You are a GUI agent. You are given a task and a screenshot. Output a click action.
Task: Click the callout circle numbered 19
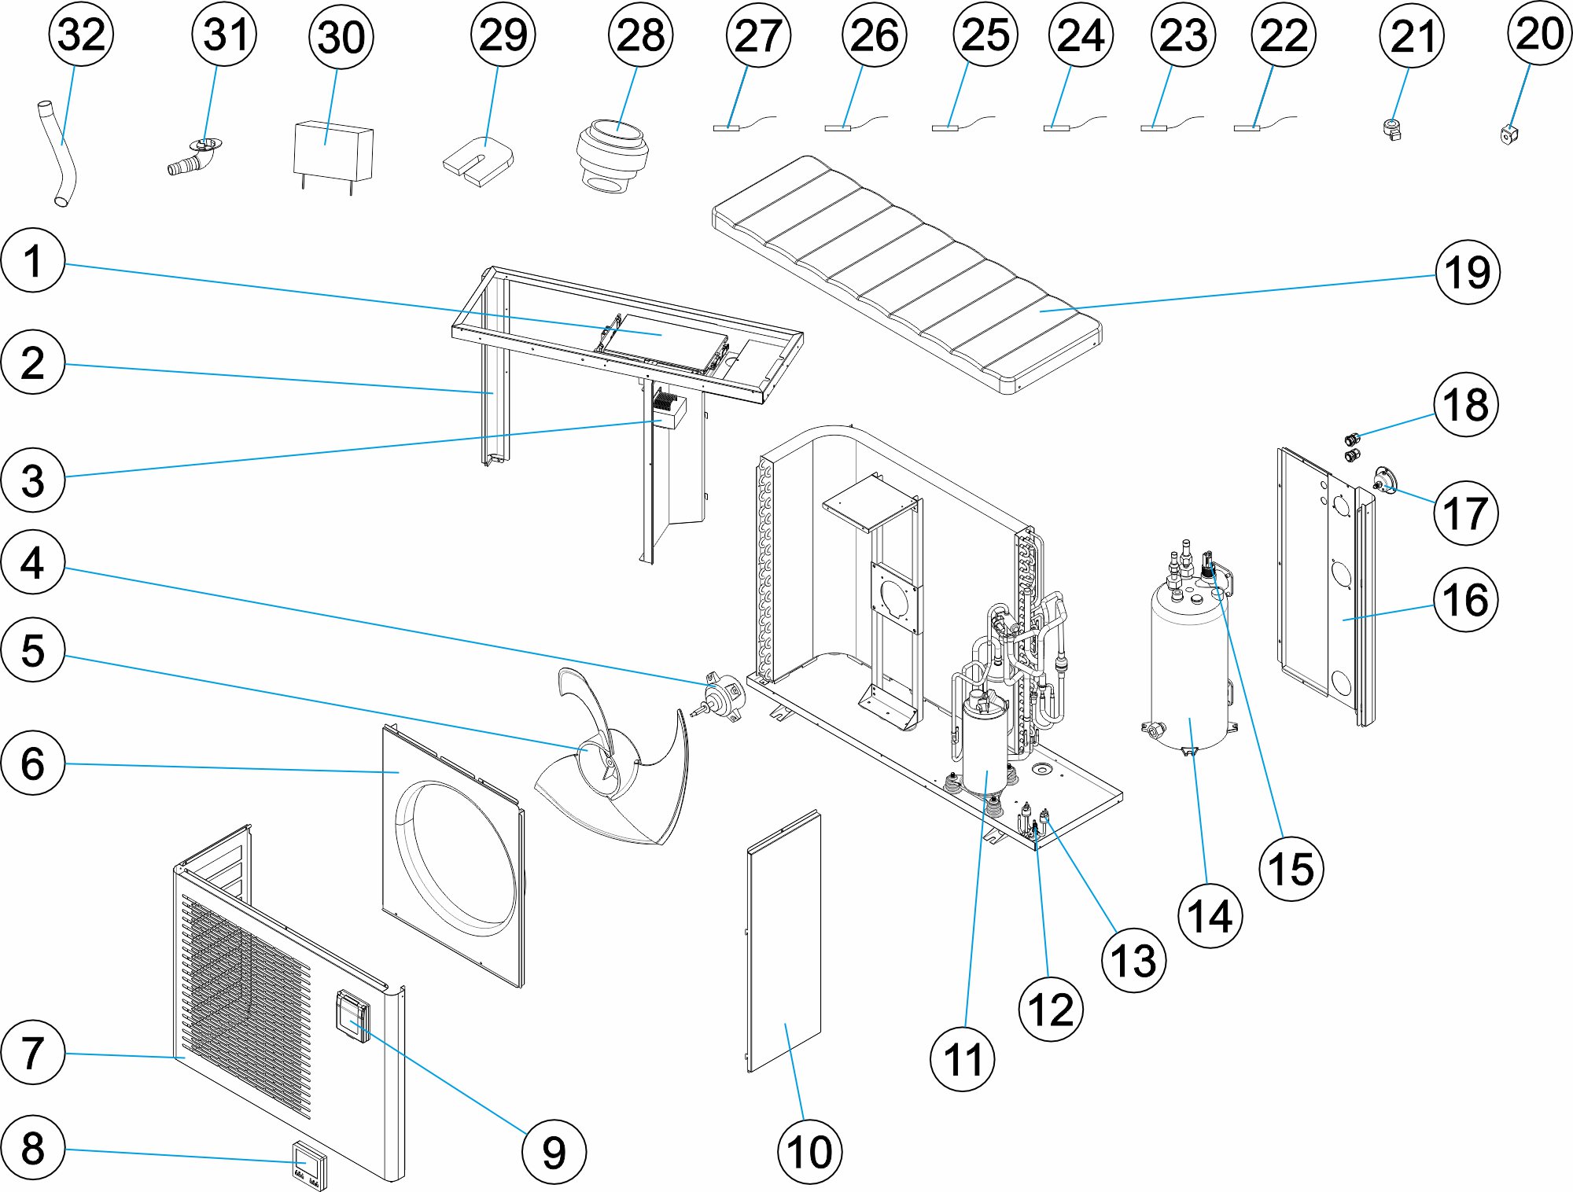(1467, 272)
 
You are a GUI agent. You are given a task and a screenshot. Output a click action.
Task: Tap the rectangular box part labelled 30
(333, 152)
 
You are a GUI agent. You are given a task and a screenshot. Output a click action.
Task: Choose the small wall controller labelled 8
(309, 1164)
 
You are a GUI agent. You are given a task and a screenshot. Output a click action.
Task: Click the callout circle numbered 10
(809, 1152)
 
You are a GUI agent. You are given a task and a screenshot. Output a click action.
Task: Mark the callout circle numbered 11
(962, 1058)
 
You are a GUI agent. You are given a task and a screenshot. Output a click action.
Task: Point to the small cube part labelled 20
(1508, 134)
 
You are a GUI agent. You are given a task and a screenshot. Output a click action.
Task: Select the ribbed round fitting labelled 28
(612, 155)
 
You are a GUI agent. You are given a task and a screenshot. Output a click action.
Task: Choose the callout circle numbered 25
(985, 35)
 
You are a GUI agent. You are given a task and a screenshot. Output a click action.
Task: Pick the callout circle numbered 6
(32, 763)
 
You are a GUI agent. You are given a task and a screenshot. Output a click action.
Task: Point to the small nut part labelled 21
(1392, 129)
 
